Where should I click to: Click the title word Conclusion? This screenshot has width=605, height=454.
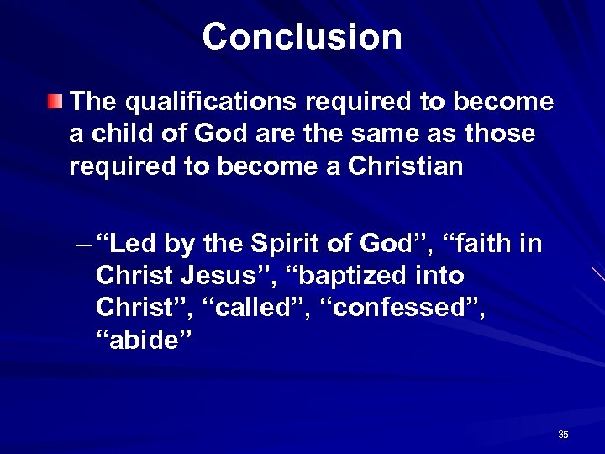pos(302,36)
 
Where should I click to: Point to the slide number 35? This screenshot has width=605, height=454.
pos(563,435)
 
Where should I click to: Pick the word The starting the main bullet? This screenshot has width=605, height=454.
pos(95,103)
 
